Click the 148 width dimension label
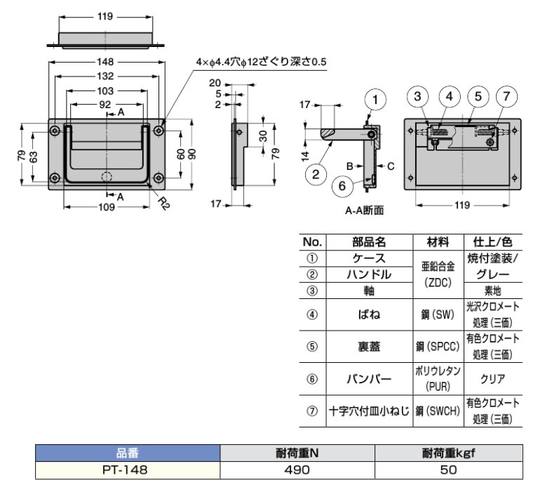105,62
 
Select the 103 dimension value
105,91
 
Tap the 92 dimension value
105,105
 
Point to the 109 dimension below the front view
107,207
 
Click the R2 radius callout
163,204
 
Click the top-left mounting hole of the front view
55,131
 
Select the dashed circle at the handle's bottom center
107,177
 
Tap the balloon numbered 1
375,100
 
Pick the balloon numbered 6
342,186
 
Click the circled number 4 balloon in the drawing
450,96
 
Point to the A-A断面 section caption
364,211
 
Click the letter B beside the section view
349,166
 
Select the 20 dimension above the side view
215,83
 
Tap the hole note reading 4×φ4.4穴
221,62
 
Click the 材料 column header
438,242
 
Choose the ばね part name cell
369,314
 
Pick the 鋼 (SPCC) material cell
438,347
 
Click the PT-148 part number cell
125,470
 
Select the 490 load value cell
297,470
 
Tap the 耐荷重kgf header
449,453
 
